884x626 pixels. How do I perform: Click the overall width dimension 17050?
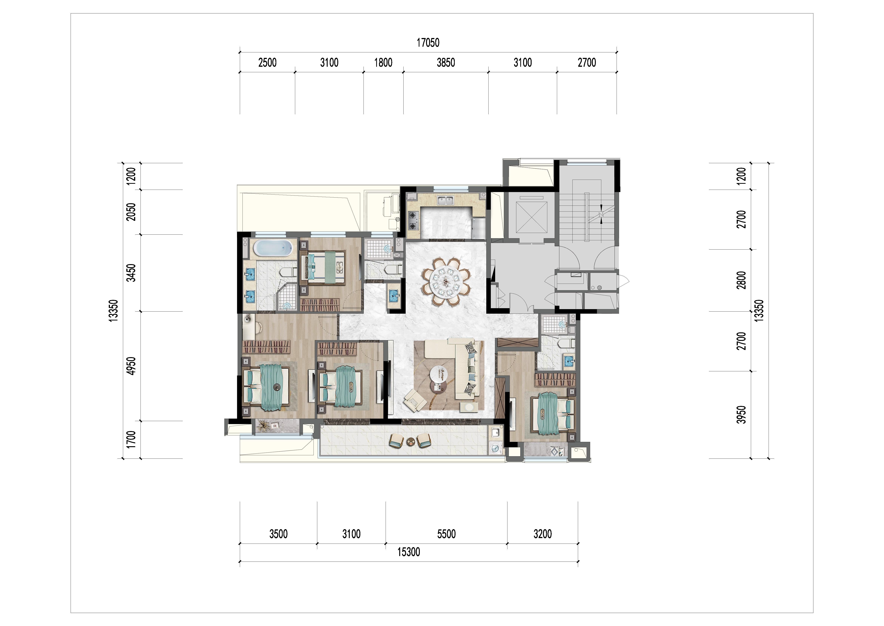[x=428, y=42]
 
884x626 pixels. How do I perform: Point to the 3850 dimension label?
[x=446, y=62]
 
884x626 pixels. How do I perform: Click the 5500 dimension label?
[x=446, y=534]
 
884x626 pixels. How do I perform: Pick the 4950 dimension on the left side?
[x=132, y=366]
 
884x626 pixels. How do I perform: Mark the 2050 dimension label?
[x=132, y=212]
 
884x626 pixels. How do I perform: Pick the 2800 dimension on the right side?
[x=741, y=280]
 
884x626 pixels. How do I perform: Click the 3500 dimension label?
[x=278, y=534]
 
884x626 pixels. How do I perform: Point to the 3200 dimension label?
[x=543, y=534]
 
